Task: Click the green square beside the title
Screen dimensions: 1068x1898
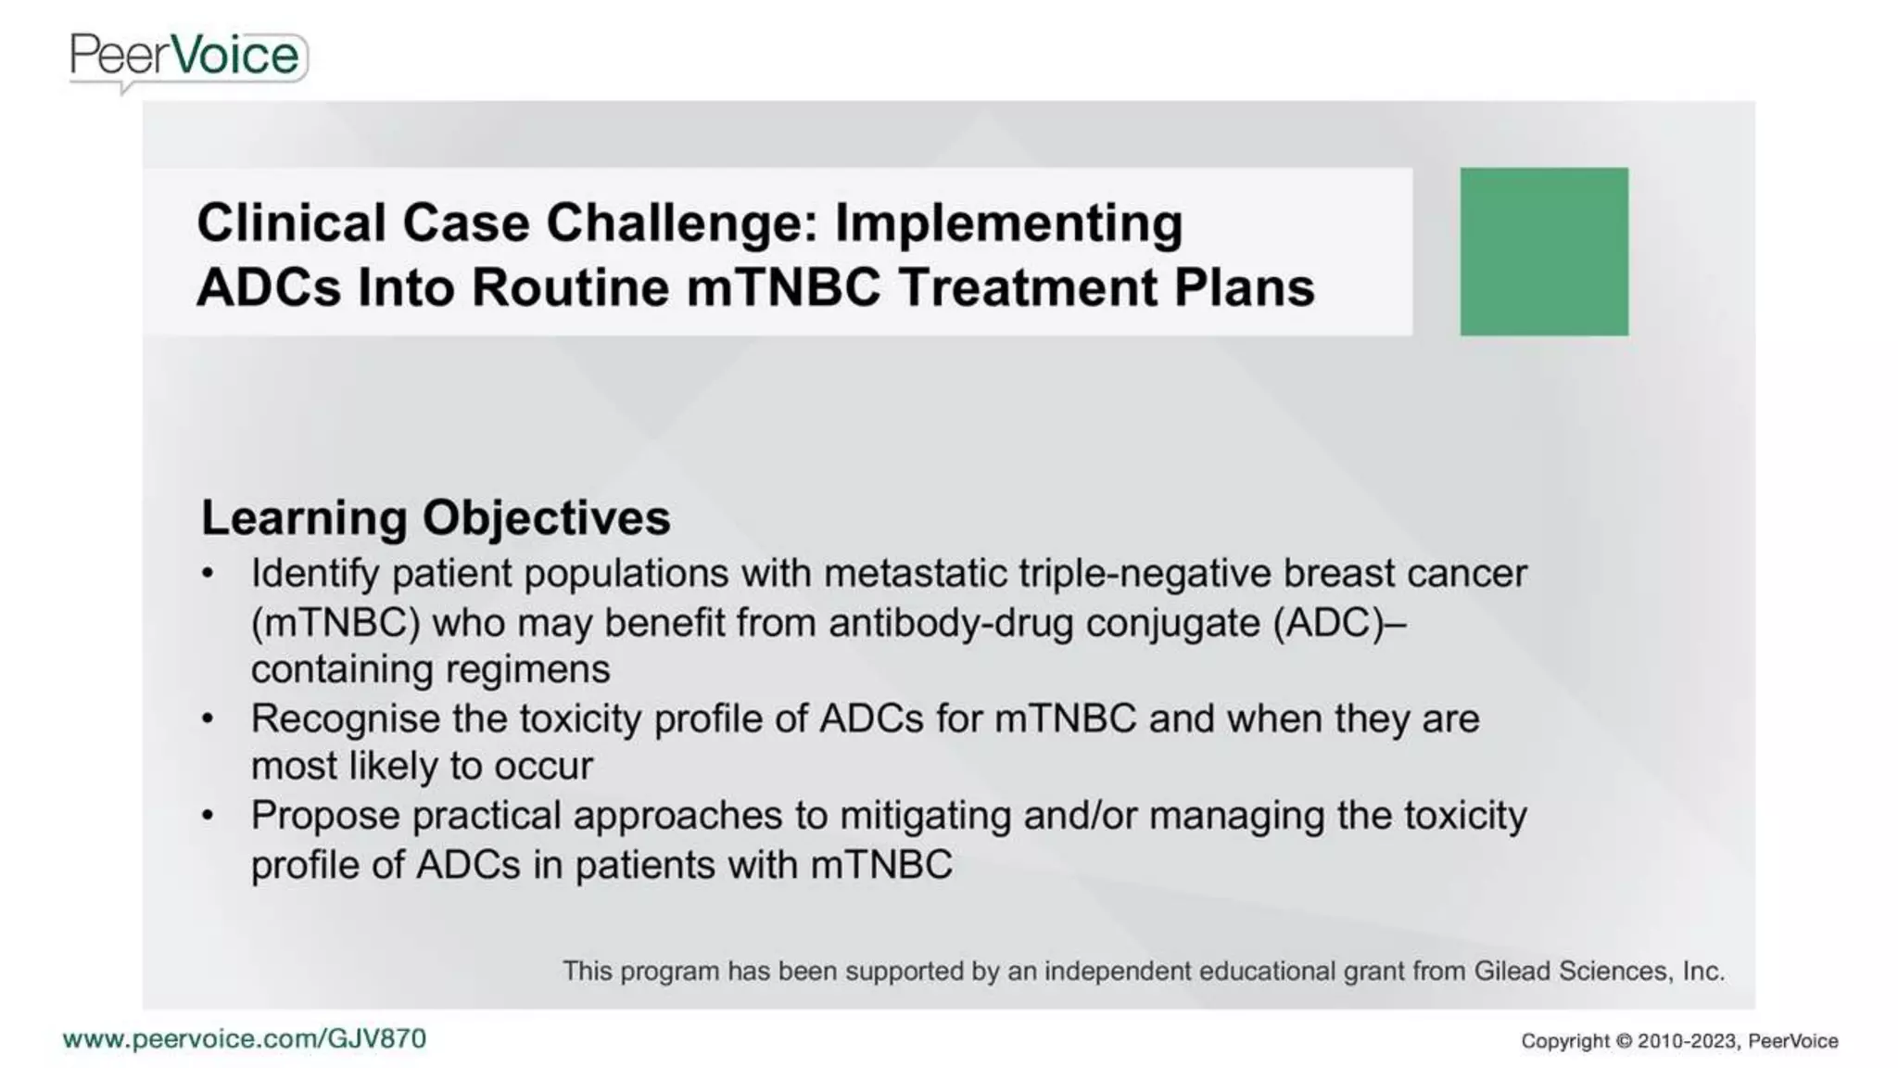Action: coord(1543,251)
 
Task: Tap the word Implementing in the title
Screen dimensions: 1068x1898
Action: coord(1008,223)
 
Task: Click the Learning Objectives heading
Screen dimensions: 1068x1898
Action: coord(436,517)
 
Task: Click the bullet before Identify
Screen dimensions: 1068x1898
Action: coord(208,573)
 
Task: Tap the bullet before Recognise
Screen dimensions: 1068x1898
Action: coord(208,718)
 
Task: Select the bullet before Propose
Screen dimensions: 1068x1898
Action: coord(208,816)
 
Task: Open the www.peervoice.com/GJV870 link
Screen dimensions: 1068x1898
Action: coord(245,1038)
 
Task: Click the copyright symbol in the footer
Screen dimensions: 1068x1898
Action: coord(1623,1041)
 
